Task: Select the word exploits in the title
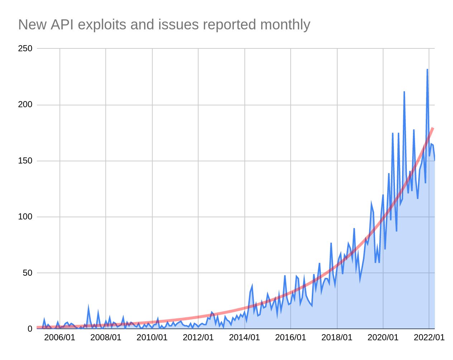click(102, 25)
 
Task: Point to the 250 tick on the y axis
click(25, 48)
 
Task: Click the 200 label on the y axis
click(25, 105)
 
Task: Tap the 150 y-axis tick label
click(25, 161)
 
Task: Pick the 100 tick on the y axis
click(25, 217)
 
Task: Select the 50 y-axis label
click(27, 273)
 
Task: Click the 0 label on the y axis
click(30, 329)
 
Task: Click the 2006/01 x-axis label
click(59, 338)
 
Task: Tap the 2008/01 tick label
click(106, 338)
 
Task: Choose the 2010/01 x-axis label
click(152, 338)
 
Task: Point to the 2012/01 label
click(198, 338)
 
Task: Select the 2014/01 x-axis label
click(244, 338)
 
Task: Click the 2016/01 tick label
click(291, 338)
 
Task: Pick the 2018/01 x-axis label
click(337, 338)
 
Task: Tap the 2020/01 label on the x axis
click(383, 338)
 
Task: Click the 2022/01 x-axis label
click(429, 338)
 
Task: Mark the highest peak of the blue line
click(427, 69)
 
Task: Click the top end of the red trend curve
click(433, 128)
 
